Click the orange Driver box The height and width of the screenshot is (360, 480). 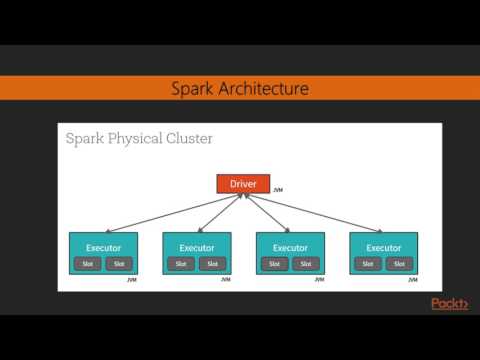[243, 185]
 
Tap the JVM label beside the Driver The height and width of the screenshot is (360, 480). [278, 189]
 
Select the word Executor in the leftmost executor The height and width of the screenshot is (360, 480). [103, 247]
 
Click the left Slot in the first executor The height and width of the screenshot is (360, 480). [86, 264]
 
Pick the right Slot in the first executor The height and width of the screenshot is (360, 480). [118, 264]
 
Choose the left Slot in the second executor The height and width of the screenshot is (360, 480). [180, 264]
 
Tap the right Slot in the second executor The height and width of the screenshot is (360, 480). [212, 264]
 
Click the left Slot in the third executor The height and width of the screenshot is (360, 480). [274, 264]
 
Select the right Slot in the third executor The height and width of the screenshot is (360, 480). [306, 264]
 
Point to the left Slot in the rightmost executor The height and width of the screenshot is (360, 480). [368, 264]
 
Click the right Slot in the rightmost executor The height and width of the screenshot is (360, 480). [400, 264]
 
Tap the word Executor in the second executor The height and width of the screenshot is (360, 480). [197, 247]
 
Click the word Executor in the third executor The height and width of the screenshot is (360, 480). [291, 247]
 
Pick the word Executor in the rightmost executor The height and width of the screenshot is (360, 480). [385, 247]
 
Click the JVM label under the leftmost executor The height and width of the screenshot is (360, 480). [131, 281]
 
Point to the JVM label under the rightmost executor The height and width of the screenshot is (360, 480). [413, 281]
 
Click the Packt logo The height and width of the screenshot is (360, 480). [449, 304]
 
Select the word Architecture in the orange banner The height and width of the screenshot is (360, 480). [258, 89]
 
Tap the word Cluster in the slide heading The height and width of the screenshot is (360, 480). [184, 138]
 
